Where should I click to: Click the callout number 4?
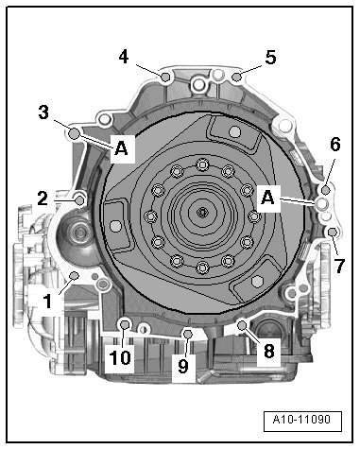pos(124,58)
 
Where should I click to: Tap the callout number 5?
pos(271,58)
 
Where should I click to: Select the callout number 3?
pos(43,112)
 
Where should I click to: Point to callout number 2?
pos(43,199)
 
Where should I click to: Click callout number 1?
pos(48,301)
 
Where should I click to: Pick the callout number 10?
pos(120,357)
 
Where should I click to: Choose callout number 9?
pos(183,366)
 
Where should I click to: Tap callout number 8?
pos(268,351)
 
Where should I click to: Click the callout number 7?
pos(339,267)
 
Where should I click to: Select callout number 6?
pos(335,145)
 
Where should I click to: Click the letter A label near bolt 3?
pos(122,148)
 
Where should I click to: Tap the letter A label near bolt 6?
pos(268,198)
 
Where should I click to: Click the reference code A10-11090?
pos(302,420)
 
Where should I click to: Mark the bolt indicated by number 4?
pos(165,77)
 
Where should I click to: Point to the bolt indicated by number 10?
pos(125,324)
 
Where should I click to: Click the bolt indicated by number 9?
pos(188,334)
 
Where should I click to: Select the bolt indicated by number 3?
pos(75,134)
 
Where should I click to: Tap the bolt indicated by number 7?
pos(333,233)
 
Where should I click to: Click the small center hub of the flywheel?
pos(201,213)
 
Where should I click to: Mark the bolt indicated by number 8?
pos(242,324)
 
